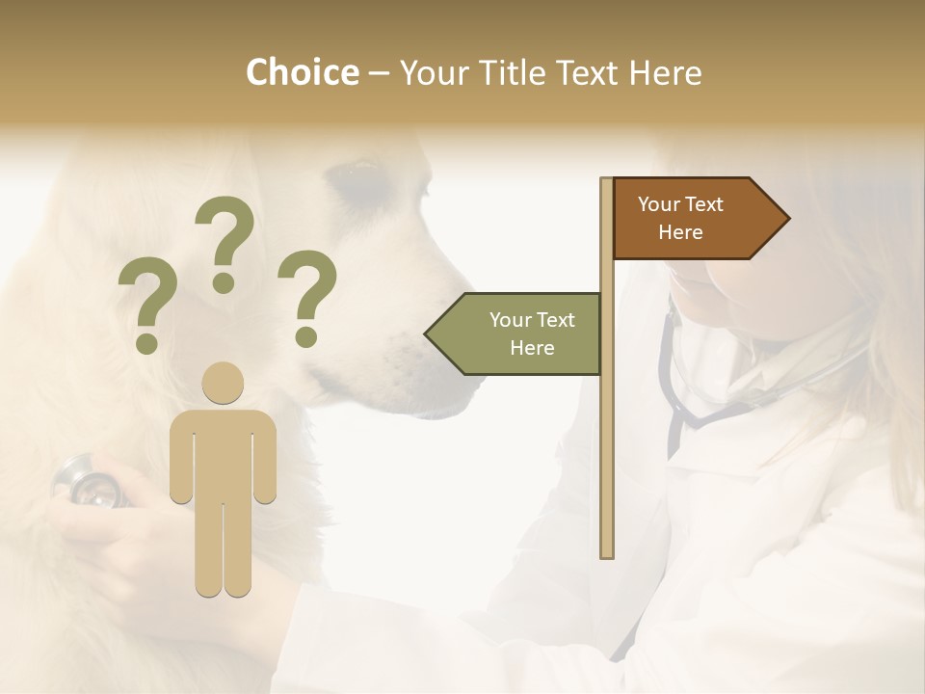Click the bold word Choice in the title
302,72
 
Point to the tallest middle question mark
225,241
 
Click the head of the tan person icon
224,383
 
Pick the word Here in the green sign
532,348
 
